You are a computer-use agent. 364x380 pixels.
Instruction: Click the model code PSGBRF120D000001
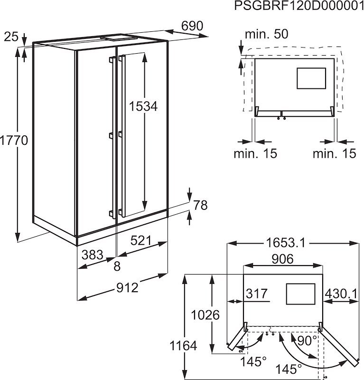(299, 6)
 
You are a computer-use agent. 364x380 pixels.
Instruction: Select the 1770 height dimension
(14, 140)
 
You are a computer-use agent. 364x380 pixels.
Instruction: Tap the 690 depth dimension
(192, 26)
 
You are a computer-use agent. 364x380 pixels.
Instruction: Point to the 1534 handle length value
(143, 106)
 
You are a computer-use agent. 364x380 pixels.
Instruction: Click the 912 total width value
(127, 288)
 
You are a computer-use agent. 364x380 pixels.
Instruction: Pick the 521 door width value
(141, 240)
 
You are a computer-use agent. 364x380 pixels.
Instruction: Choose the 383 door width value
(92, 255)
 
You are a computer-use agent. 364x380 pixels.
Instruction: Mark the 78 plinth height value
(201, 205)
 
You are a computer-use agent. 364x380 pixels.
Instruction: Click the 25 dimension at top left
(11, 37)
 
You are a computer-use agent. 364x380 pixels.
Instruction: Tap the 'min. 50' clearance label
(267, 34)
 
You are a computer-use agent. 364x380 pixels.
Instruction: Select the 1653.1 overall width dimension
(286, 243)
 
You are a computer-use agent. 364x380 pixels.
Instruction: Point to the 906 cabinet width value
(283, 259)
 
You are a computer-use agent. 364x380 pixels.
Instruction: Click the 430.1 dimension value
(341, 294)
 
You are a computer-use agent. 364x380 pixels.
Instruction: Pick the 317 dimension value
(257, 294)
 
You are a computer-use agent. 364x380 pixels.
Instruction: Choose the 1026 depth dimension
(205, 315)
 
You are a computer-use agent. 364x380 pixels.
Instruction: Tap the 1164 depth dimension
(183, 346)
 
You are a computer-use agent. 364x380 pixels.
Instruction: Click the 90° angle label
(307, 341)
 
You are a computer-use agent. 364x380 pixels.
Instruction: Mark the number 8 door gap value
(117, 266)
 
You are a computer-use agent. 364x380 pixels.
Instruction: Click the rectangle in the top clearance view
(311, 78)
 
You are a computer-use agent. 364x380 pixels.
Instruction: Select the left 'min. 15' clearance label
(255, 153)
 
